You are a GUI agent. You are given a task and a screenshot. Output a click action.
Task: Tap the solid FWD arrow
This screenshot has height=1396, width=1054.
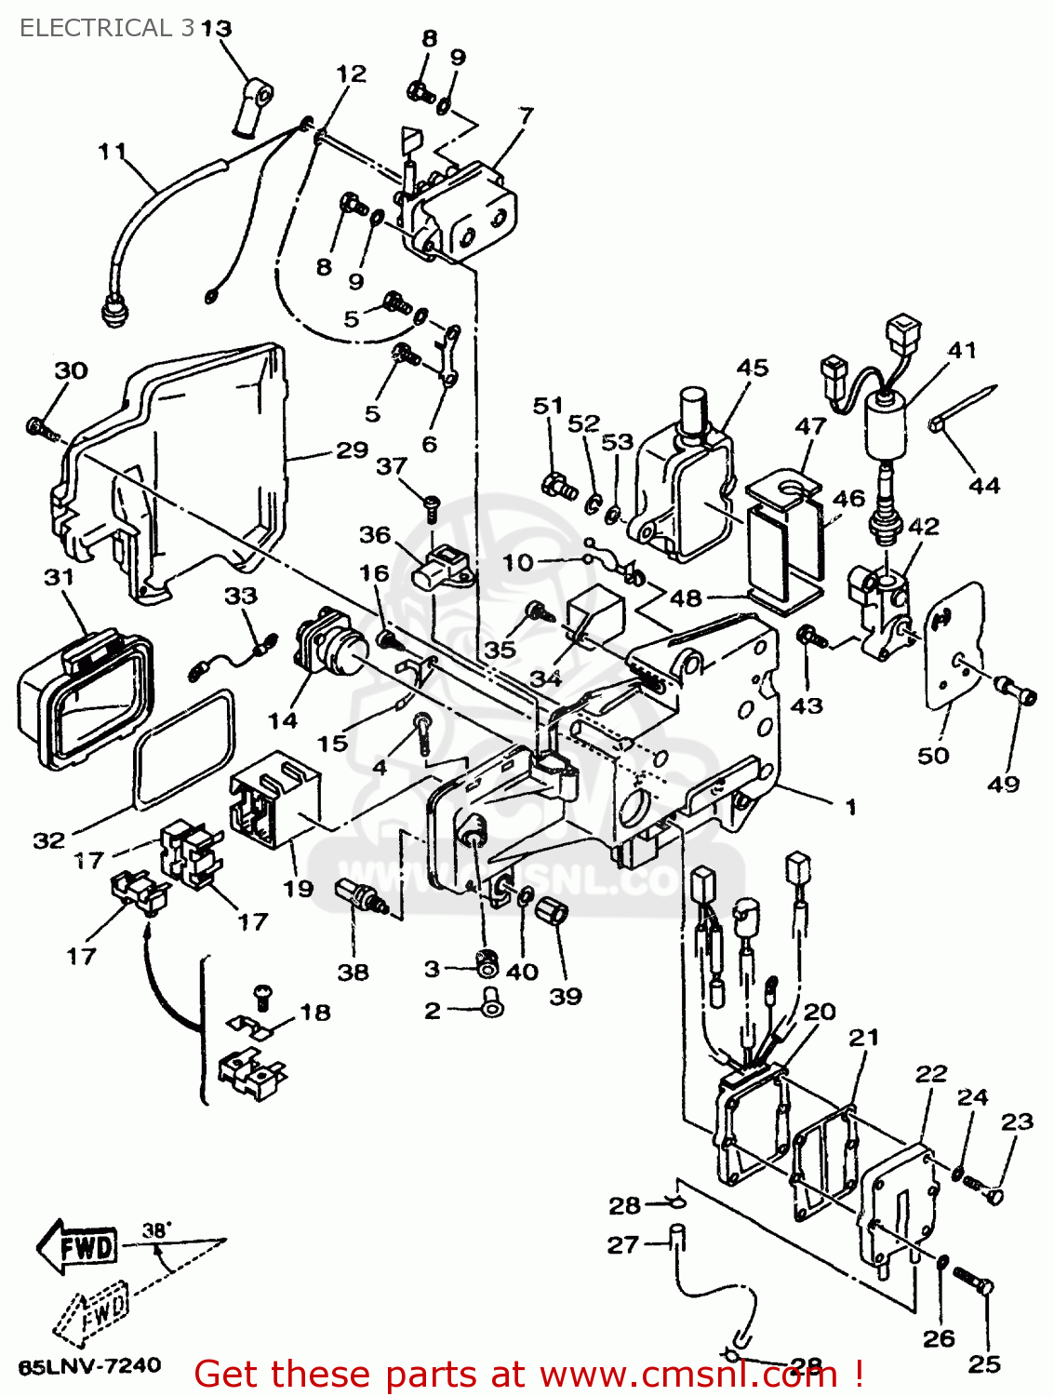point(78,1245)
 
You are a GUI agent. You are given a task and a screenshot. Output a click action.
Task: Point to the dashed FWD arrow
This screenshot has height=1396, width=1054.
point(91,1315)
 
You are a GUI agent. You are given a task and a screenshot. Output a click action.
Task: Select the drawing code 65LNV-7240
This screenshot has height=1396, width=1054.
point(89,1366)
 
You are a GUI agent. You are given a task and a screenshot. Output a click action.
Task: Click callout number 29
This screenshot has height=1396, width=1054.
point(352,450)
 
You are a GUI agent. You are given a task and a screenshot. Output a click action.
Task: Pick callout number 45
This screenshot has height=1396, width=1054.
point(753,368)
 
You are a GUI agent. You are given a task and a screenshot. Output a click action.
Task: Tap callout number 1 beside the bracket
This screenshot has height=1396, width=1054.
point(850,806)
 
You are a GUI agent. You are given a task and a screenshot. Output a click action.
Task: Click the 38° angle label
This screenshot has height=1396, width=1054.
point(156,1230)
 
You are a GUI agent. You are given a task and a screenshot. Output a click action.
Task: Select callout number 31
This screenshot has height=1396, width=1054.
point(59,577)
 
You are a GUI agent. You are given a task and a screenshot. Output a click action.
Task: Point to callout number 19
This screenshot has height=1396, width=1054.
point(298,889)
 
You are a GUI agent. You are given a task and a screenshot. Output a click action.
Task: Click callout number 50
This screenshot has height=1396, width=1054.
point(933,755)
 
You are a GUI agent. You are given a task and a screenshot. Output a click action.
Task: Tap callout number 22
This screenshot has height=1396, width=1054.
point(930,1073)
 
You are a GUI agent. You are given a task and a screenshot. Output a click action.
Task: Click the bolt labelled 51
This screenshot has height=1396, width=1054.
point(556,485)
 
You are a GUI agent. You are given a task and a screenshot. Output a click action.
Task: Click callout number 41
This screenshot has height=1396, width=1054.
point(962,350)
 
